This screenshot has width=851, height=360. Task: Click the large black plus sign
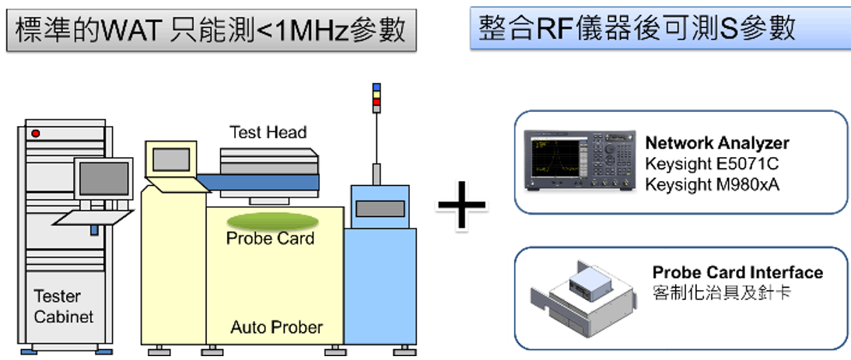pyautogui.click(x=461, y=204)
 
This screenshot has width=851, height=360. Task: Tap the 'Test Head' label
pyautogui.click(x=268, y=132)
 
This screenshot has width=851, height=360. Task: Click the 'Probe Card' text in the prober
pyautogui.click(x=270, y=238)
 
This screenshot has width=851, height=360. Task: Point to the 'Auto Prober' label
pyautogui.click(x=276, y=327)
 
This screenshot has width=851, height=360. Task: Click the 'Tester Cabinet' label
pyautogui.click(x=63, y=306)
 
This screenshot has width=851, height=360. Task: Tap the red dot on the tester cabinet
pyautogui.click(x=35, y=134)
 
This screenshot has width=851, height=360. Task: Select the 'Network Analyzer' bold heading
pyautogui.click(x=717, y=143)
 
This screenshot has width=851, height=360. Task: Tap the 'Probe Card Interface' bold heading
pyautogui.click(x=737, y=273)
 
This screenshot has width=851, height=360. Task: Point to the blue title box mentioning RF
pyautogui.click(x=660, y=29)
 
